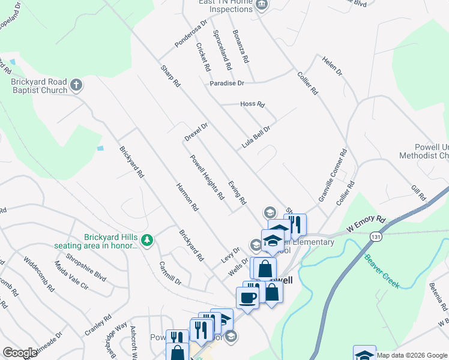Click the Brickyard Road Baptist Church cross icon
[x=76, y=85]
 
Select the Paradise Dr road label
[x=227, y=83]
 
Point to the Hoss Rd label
[x=252, y=104]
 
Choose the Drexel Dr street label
[x=196, y=133]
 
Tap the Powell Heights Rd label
[x=207, y=177]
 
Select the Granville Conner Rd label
[x=333, y=175]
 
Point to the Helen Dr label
[x=331, y=66]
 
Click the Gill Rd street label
[x=418, y=193]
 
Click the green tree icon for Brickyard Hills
[x=148, y=241]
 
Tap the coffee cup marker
[x=247, y=297]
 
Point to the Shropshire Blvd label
[x=90, y=275]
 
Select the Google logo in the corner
[x=20, y=353]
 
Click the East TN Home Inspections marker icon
[x=262, y=5]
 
